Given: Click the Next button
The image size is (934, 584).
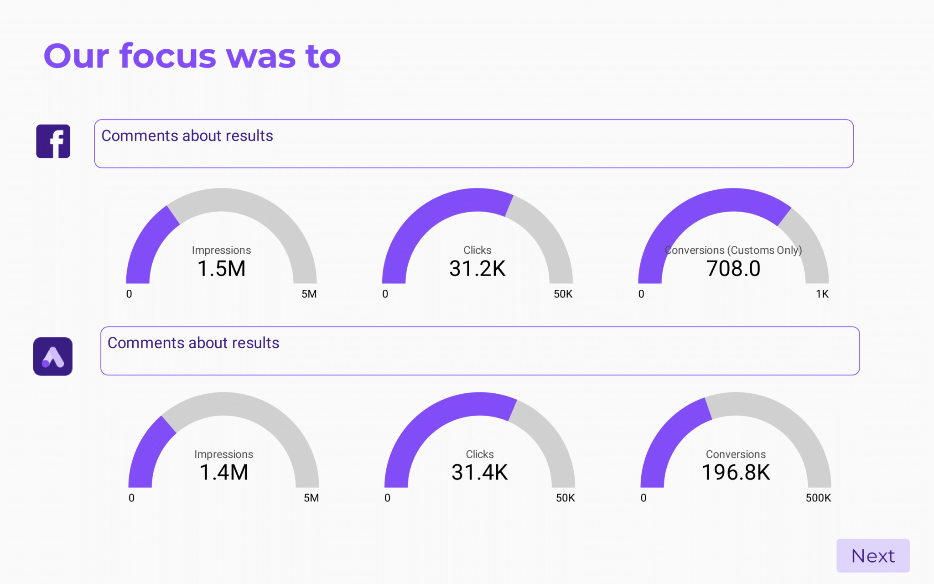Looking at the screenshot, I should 872,556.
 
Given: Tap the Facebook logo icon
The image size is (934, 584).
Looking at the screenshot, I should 53,141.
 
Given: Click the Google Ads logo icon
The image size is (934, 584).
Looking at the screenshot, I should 53,356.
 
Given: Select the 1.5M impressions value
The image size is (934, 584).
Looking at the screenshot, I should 221,268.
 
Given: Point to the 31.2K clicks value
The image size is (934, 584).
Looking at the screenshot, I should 477,268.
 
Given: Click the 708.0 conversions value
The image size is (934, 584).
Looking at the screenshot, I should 733,268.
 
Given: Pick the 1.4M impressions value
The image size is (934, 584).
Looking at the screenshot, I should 223,472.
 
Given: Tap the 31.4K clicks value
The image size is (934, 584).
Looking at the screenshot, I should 479,472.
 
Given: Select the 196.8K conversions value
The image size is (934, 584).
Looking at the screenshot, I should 736,472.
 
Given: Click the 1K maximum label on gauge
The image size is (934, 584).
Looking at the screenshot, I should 822,294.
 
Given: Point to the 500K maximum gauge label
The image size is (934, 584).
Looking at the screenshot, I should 818,498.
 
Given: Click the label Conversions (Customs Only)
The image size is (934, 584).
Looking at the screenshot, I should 733,250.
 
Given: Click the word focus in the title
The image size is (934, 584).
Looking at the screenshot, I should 168,56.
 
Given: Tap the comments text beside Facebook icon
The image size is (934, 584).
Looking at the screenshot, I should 187,136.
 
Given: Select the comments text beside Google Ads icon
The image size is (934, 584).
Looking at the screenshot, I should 193,343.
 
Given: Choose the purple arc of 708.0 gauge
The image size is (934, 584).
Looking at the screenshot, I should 684,219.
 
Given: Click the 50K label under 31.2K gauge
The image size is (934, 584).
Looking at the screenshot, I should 563,294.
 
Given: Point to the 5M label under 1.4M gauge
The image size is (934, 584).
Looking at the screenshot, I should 311,498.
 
